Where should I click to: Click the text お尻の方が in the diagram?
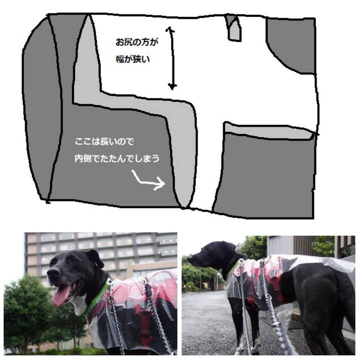tap(137, 42)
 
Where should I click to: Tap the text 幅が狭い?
tap(132, 59)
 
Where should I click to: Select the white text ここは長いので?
tap(104, 141)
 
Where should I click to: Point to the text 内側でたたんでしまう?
tap(117, 158)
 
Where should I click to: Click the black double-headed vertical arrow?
tap(171, 58)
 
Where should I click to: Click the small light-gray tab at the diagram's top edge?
tap(234, 28)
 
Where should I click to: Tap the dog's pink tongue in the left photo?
tap(60, 295)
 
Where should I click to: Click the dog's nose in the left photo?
tap(53, 272)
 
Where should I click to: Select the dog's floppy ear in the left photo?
tap(95, 258)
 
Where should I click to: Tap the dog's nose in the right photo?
tap(190, 258)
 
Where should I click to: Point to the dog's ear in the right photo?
tap(230, 247)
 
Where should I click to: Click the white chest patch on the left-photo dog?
tap(79, 303)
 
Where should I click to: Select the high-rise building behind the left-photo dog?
tap(101, 255)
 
